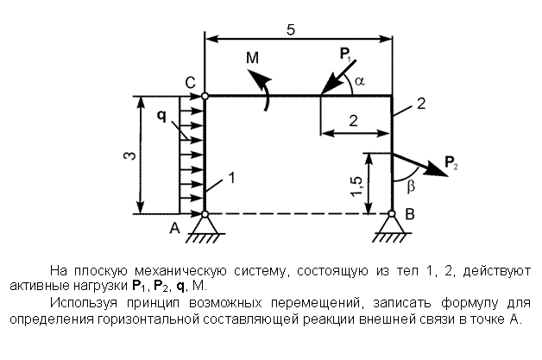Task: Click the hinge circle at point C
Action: pyautogui.click(x=205, y=96)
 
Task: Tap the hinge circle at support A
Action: pyautogui.click(x=205, y=214)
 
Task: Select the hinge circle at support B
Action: pyautogui.click(x=392, y=214)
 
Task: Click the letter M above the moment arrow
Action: pyautogui.click(x=252, y=58)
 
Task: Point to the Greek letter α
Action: pyautogui.click(x=360, y=81)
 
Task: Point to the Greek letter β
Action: pyautogui.click(x=411, y=186)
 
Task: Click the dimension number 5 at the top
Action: pyautogui.click(x=291, y=30)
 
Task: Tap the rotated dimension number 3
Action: pyautogui.click(x=129, y=155)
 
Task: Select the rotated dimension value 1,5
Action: pyautogui.click(x=356, y=186)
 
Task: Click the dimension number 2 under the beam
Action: pyautogui.click(x=353, y=121)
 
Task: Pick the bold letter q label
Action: pyautogui.click(x=161, y=116)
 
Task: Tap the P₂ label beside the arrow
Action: pyautogui.click(x=451, y=162)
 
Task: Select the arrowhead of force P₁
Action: pyautogui.click(x=328, y=89)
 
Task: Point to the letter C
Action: pyautogui.click(x=190, y=83)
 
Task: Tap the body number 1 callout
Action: pyautogui.click(x=231, y=178)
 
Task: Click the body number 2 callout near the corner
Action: pyautogui.click(x=420, y=104)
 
